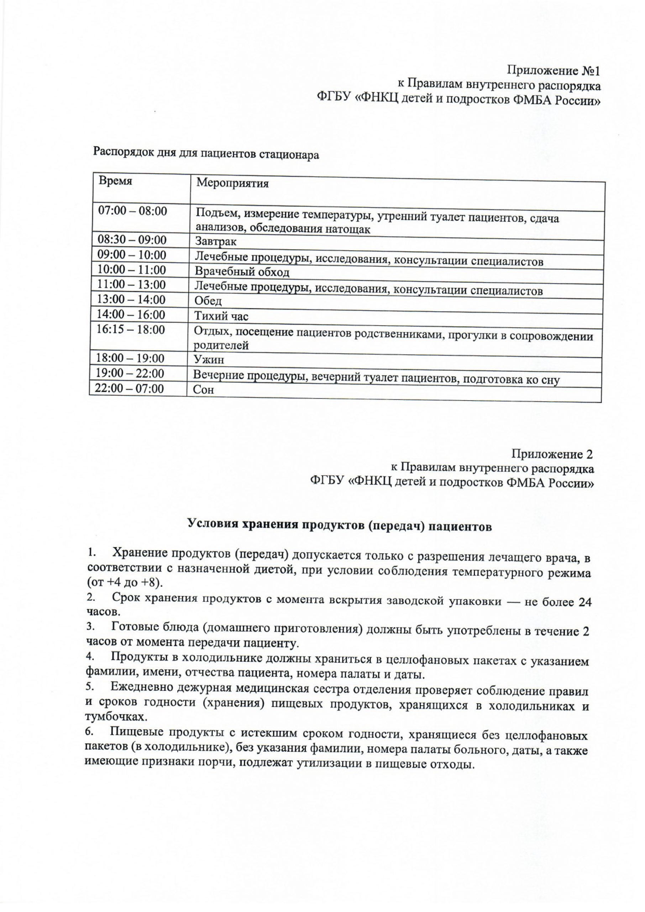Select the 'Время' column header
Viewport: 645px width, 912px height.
116,181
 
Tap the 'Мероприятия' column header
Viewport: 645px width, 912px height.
233,183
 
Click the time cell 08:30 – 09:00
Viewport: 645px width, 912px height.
132,240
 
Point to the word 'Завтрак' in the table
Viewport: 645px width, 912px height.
216,242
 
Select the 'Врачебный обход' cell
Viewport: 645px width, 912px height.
242,272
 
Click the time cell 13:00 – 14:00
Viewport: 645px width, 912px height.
131,300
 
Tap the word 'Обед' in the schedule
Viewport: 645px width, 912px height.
208,301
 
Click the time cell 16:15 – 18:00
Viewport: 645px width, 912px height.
131,330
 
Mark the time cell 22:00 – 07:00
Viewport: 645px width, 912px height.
130,388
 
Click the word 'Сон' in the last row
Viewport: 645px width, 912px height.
203,390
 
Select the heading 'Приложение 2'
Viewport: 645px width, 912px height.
552,454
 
